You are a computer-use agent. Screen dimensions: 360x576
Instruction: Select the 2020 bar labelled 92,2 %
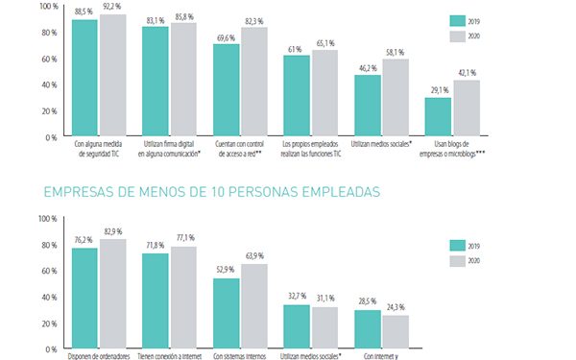click(112, 75)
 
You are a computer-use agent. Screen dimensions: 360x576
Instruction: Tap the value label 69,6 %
click(227, 36)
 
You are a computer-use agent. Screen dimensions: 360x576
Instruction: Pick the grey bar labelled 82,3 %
click(254, 82)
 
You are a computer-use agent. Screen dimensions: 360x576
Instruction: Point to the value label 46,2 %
click(368, 66)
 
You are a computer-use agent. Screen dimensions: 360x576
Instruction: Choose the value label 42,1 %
click(467, 72)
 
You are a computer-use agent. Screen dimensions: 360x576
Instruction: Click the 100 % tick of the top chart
click(46, 6)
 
